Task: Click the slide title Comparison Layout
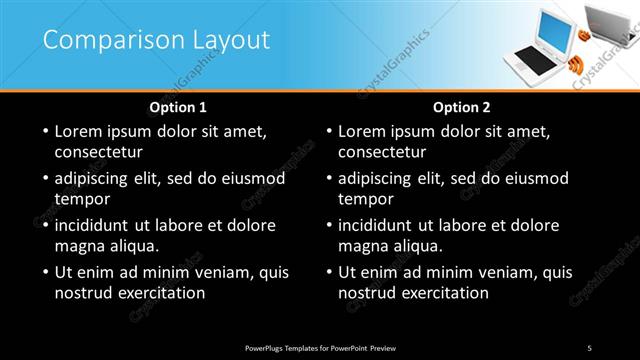[156, 40]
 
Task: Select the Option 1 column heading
[178, 107]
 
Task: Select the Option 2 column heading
[461, 107]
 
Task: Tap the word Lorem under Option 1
[80, 131]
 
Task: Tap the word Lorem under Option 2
[363, 131]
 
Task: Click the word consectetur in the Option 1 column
[99, 153]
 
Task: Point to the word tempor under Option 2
[366, 200]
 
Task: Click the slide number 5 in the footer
[589, 347]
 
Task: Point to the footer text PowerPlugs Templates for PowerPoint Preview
[320, 347]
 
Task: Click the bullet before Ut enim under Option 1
[44, 272]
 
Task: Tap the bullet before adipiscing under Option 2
[327, 179]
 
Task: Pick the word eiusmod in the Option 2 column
[535, 178]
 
